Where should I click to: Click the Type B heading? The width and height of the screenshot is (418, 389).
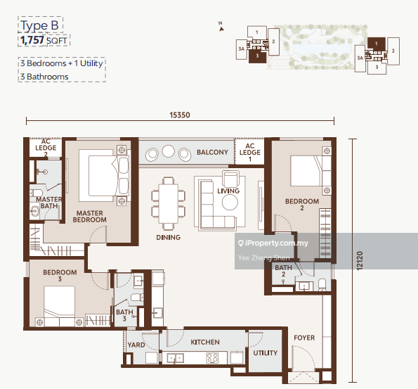40,25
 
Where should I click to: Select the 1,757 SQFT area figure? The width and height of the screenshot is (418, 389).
44,40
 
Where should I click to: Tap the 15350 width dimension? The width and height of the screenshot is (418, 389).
180,115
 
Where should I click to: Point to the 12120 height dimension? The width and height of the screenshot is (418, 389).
360,260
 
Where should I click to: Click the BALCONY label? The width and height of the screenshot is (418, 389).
212,152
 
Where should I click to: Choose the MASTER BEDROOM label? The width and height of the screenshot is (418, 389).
90,217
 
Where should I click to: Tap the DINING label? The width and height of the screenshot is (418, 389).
168,237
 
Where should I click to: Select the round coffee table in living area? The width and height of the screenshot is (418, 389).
230,202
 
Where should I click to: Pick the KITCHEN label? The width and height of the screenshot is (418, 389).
205,342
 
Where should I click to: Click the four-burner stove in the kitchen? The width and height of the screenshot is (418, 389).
213,358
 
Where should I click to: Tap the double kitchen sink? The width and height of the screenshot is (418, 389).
175,358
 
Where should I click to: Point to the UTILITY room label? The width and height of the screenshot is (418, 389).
266,353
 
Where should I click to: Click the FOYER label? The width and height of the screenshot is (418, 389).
304,338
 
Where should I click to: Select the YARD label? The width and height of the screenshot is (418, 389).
136,345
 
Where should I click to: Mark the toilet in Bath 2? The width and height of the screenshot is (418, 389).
322,285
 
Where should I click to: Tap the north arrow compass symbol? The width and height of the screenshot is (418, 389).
221,27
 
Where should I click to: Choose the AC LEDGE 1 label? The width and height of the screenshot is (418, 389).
250,153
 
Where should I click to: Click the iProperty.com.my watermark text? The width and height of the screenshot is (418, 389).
273,243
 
